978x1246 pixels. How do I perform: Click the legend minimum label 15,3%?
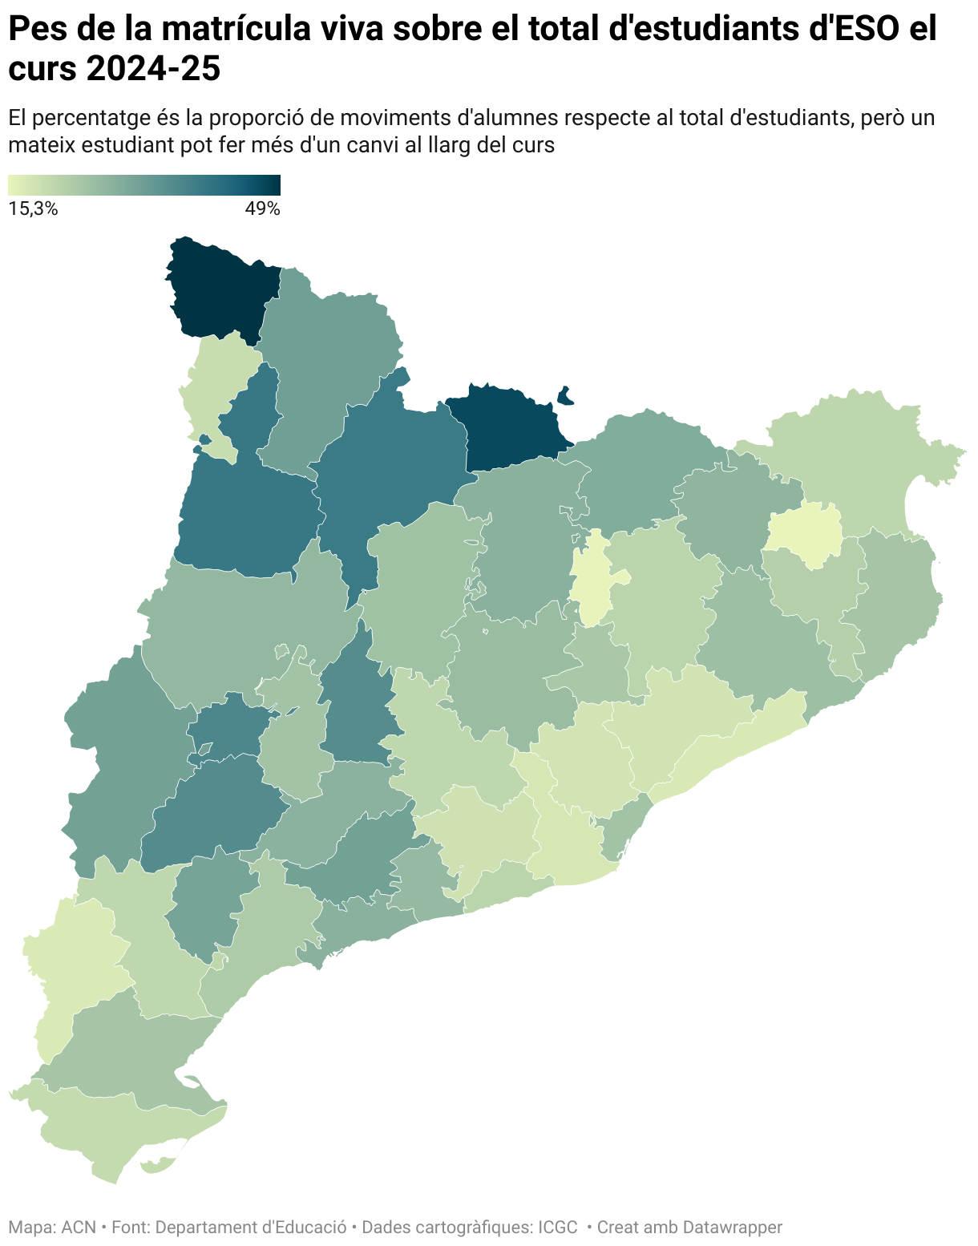pyautogui.click(x=33, y=209)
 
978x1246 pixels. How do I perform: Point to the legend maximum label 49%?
pyautogui.click(x=262, y=209)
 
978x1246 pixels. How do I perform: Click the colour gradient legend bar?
pyautogui.click(x=144, y=185)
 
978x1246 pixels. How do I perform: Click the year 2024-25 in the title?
pyautogui.click(x=152, y=70)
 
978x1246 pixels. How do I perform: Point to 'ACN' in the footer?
pyautogui.click(x=79, y=1227)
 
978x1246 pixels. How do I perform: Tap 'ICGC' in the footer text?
pyautogui.click(x=557, y=1227)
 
